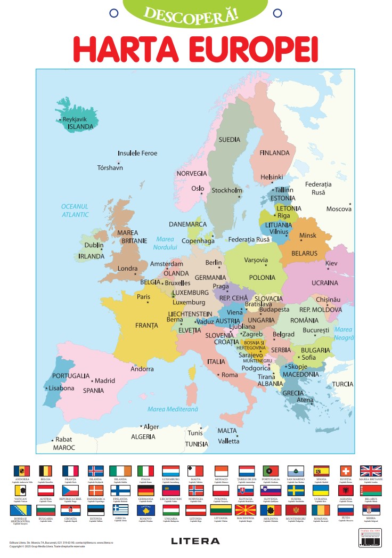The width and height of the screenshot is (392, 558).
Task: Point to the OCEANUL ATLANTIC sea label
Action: click(75, 210)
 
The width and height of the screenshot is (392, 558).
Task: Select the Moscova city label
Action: click(339, 209)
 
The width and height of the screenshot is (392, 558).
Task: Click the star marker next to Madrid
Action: click(92, 381)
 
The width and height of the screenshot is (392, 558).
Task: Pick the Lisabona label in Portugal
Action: click(61, 388)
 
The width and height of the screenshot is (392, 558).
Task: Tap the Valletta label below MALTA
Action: click(228, 441)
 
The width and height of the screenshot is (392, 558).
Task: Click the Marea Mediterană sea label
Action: click(173, 409)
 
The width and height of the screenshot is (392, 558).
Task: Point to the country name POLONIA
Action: click(262, 278)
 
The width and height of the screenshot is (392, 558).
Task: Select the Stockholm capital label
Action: click(227, 190)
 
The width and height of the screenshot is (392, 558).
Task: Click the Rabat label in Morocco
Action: click(63, 440)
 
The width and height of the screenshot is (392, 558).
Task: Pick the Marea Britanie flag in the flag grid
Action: click(371, 471)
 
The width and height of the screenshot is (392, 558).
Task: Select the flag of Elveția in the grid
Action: click(346, 471)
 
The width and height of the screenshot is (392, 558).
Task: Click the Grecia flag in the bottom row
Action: click(120, 510)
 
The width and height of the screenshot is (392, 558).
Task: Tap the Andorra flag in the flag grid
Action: click(21, 471)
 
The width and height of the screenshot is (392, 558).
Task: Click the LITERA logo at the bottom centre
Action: click(195, 541)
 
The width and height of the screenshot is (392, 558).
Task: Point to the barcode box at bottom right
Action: click(370, 539)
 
